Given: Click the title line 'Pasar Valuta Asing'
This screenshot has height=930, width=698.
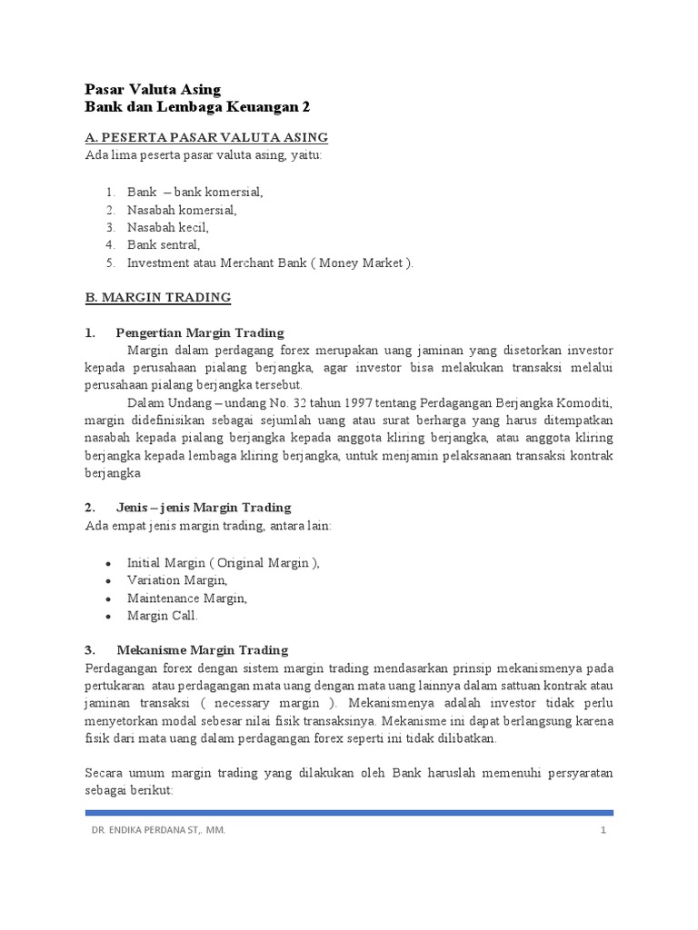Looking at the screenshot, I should click(152, 89).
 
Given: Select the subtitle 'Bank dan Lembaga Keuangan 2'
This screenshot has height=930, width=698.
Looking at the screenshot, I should click(197, 107).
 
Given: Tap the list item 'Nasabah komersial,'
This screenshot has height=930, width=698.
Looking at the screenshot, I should click(182, 210).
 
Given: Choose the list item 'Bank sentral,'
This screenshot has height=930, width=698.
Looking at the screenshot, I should click(164, 245).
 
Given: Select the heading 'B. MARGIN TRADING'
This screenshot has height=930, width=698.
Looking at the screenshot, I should click(158, 298).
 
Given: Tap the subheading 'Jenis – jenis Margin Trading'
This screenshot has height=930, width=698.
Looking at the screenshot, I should click(204, 507).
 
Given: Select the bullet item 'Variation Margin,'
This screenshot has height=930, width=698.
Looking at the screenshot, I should click(177, 580).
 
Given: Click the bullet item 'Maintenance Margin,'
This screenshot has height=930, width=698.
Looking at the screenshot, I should click(186, 598).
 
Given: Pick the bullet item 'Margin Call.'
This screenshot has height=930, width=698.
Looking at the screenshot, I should click(162, 616).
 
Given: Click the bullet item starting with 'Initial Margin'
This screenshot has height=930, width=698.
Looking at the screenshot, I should click(224, 563).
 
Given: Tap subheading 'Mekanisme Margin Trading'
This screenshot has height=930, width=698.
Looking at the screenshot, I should click(202, 650).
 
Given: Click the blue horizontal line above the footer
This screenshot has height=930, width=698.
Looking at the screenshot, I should click(349, 813).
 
